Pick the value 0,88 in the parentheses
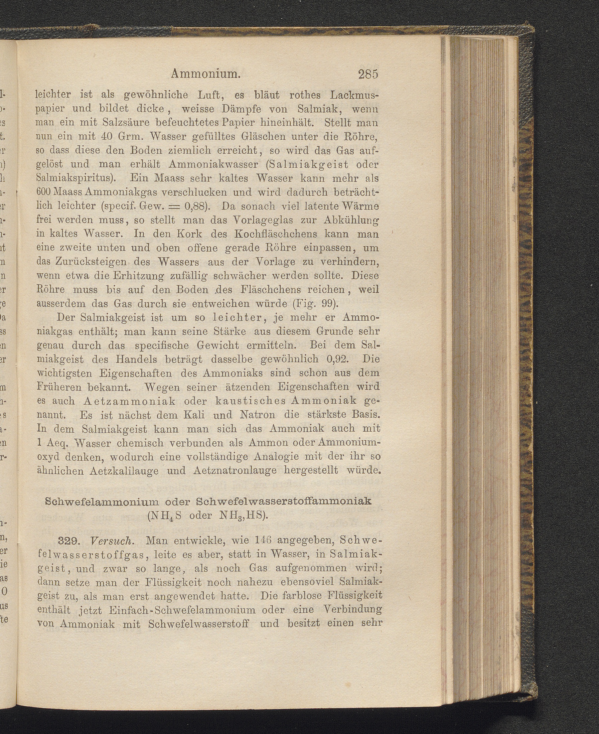[x=195, y=206]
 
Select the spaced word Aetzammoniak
[x=129, y=401]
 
